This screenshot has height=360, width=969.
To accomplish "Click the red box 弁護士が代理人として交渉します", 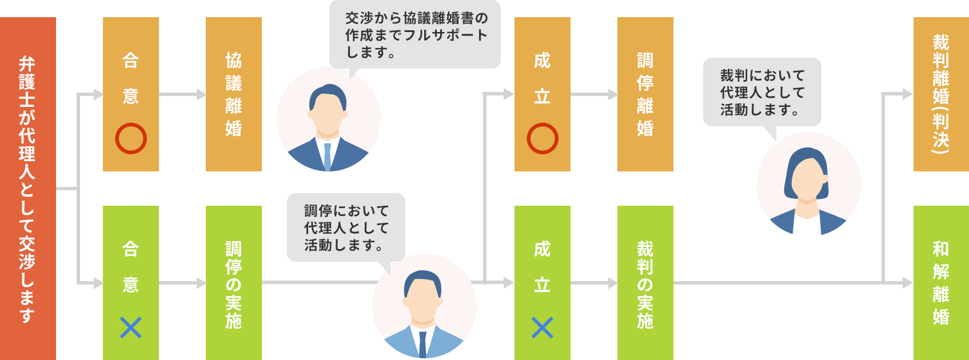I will click(28, 189).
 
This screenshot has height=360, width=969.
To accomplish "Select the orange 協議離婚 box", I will click(233, 94).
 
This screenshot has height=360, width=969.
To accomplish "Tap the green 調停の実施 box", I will click(233, 283).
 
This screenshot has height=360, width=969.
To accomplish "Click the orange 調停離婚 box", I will click(645, 94).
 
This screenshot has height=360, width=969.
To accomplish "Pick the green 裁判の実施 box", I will click(645, 283).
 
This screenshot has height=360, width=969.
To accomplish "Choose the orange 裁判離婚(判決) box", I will click(940, 94).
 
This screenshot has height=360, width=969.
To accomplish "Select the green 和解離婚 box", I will click(940, 283).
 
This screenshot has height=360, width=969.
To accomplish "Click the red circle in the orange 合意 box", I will click(131, 138).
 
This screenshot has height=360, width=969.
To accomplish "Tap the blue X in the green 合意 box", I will click(131, 328).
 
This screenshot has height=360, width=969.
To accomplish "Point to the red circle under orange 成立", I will click(542, 138).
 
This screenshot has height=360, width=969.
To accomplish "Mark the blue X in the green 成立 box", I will click(542, 328).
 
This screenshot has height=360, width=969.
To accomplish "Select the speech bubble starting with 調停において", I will click(346, 228).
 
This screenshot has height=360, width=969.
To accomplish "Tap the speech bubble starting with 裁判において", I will click(762, 92).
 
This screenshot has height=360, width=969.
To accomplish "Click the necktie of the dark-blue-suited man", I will click(328, 156).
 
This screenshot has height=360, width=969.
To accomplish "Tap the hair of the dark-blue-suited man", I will click(328, 94).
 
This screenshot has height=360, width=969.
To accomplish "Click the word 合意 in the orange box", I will click(131, 78).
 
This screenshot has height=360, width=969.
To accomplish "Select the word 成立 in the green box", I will click(542, 267).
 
